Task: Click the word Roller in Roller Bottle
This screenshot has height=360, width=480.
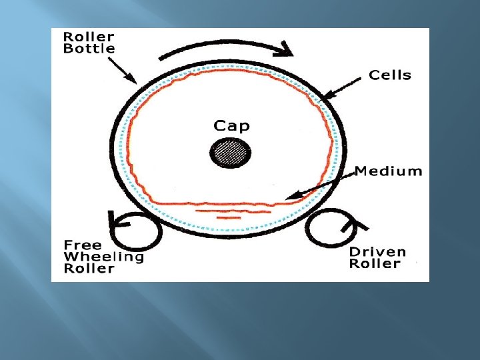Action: (x=89, y=37)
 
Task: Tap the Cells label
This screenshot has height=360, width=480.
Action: (x=390, y=75)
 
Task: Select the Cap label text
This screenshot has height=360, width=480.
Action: (x=231, y=125)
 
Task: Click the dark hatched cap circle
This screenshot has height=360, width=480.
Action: (x=231, y=154)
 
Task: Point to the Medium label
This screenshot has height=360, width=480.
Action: (x=388, y=171)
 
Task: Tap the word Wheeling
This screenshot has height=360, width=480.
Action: (x=103, y=256)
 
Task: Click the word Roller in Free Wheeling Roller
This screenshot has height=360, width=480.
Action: (x=89, y=268)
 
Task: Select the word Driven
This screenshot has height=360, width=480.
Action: (x=377, y=251)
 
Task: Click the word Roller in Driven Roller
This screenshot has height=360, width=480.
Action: (x=375, y=263)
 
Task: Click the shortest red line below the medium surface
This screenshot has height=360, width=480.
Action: (x=228, y=218)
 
